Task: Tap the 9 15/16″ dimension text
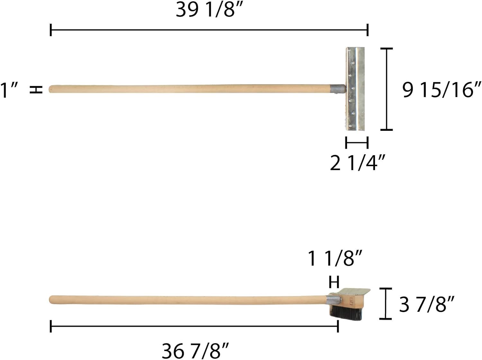click(x=442, y=89)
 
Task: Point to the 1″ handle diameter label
click(x=9, y=90)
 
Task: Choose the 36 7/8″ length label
click(x=195, y=351)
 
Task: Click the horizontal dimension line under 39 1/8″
click(x=209, y=30)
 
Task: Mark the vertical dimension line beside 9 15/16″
click(x=387, y=89)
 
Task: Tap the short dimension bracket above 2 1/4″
click(x=357, y=142)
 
